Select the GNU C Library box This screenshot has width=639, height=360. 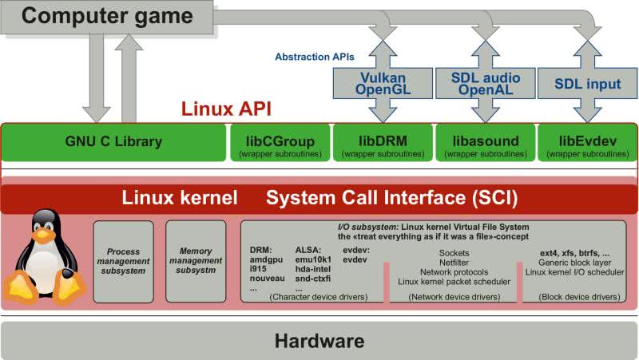pos(113,142)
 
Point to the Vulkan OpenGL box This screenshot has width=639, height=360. pos(383,84)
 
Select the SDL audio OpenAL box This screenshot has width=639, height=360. pos(485,84)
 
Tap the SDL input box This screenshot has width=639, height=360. pos(588,84)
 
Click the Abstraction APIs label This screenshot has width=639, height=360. pos(314,57)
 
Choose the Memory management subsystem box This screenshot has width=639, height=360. pos(196,260)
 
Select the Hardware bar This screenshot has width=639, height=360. pos(319,342)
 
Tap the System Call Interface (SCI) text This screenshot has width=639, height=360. pos(391,196)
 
